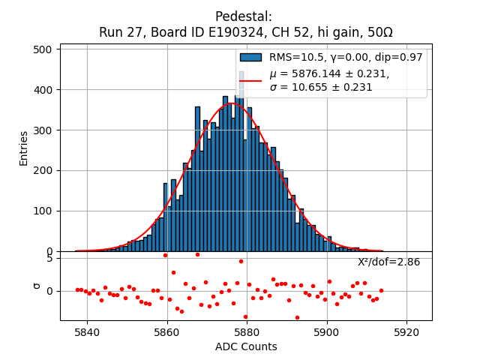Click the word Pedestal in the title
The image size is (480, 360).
[243, 16]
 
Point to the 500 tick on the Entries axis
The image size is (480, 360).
[45, 49]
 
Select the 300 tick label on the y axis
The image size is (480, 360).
[45, 130]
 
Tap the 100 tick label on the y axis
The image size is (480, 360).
[45, 211]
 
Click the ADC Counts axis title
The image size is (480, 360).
[246, 346]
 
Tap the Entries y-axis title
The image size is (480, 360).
[24, 148]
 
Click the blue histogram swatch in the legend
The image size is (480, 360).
[250, 57]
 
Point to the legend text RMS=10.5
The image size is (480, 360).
[295, 57]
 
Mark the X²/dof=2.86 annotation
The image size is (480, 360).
[388, 262]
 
